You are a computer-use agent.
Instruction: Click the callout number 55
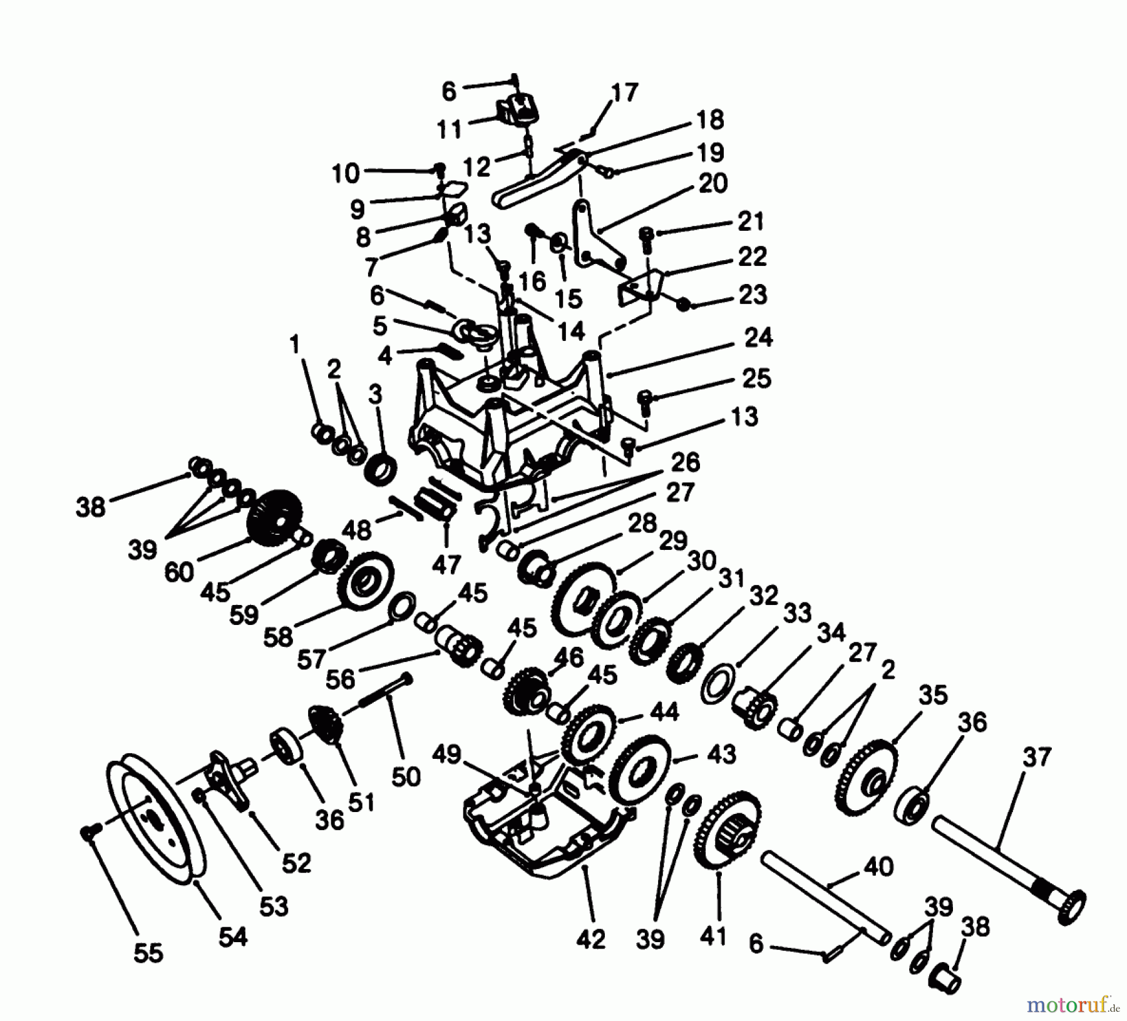148,953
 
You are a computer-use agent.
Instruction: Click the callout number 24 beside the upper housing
758,338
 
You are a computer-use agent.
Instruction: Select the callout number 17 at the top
624,93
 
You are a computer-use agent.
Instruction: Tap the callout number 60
180,571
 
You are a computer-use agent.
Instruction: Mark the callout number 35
933,695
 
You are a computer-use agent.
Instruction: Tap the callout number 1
294,343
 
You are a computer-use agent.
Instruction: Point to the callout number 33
797,614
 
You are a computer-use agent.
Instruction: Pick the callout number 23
753,294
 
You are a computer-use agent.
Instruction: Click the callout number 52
296,863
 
